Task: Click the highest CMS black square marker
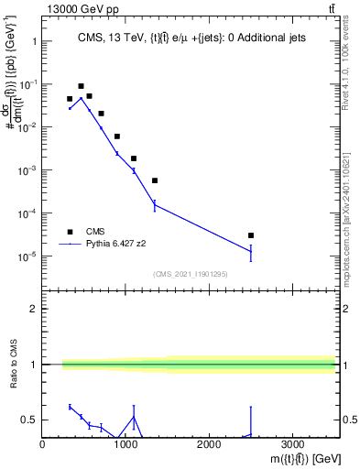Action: coord(81,86)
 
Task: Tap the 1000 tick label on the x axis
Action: coord(125,444)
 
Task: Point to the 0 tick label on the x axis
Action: coord(43,444)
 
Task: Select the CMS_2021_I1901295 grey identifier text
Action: coord(189,274)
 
